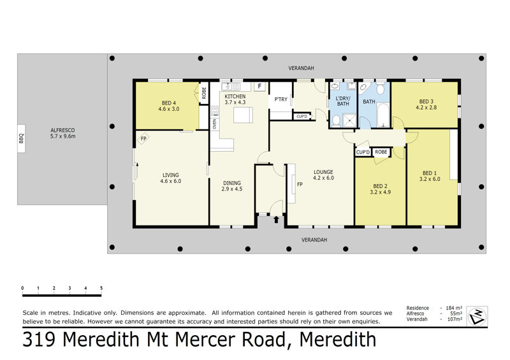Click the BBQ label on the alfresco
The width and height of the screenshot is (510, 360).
coord(22,138)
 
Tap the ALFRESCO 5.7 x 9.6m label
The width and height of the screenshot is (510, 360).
coord(62,133)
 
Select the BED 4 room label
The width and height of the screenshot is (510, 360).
coord(169,106)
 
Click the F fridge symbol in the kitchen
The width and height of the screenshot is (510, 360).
coord(259,86)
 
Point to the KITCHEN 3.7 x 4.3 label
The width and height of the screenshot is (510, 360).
coord(235,99)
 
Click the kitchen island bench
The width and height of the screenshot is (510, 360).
coord(243,115)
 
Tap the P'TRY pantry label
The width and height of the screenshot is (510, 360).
coord(280,99)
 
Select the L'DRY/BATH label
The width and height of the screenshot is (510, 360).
coord(343,101)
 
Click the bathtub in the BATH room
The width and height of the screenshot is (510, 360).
coord(382,115)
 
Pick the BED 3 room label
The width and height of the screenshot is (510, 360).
coord(426,104)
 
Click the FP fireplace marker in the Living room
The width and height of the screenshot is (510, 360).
coord(143,138)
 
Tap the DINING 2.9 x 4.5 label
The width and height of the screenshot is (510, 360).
coord(232,185)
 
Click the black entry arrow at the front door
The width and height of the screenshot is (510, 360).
coord(276,220)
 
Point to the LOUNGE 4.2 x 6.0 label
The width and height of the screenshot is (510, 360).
coord(323,175)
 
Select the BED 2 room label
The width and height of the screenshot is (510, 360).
coord(380,189)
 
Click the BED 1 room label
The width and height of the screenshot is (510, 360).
coord(430,176)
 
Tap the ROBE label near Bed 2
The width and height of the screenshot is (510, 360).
coord(381,152)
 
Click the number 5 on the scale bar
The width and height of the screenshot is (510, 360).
coord(101,288)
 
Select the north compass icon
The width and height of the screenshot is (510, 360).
coord(477,316)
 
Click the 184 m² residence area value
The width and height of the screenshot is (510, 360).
coord(454,308)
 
